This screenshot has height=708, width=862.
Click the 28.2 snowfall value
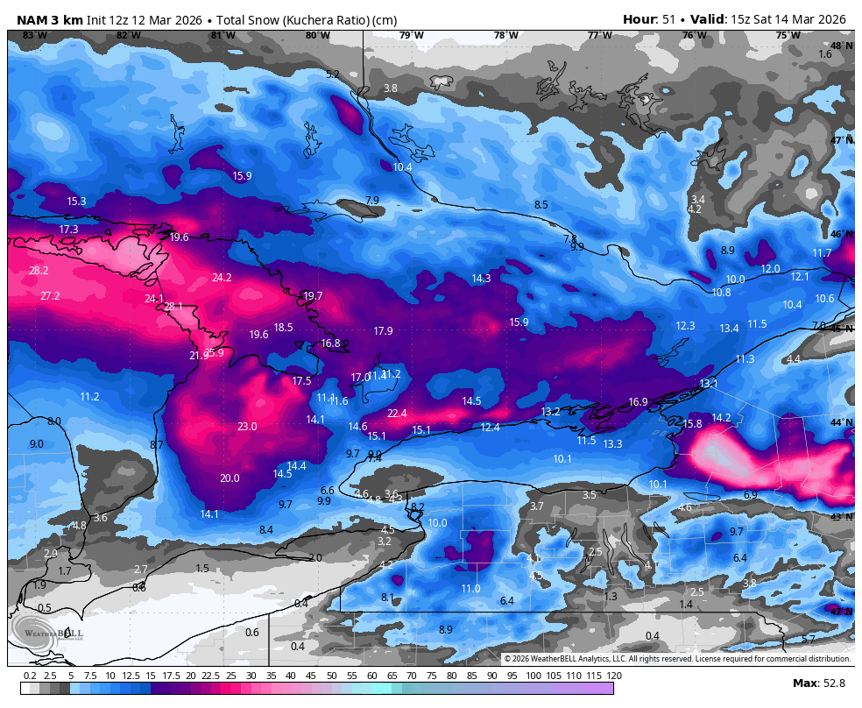pyautogui.click(x=39, y=271)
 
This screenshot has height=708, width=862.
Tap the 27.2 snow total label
pyautogui.click(x=50, y=296)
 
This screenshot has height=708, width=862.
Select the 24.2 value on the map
pyautogui.click(x=222, y=278)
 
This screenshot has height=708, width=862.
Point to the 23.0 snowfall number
pyautogui.click(x=247, y=427)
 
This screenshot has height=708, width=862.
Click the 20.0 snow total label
pyautogui.click(x=230, y=478)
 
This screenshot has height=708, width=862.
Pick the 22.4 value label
pyautogui.click(x=397, y=414)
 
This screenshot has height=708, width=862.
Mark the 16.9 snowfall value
pyautogui.click(x=638, y=402)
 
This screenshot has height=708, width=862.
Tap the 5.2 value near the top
pyautogui.click(x=333, y=74)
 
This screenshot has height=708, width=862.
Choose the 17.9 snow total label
pyautogui.click(x=383, y=331)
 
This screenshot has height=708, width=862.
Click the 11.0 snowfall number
pyautogui.click(x=470, y=589)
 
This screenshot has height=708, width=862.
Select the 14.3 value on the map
pyautogui.click(x=481, y=279)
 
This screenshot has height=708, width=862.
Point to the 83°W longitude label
pyautogui.click(x=34, y=36)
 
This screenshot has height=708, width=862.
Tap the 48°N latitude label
pyautogui.click(x=841, y=46)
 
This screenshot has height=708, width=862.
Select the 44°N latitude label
pyautogui.click(x=841, y=423)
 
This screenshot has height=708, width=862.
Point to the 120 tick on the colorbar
pyautogui.click(x=613, y=676)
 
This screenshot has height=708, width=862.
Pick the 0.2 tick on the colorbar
pyautogui.click(x=30, y=676)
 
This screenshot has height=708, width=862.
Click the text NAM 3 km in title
pyautogui.click(x=49, y=19)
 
